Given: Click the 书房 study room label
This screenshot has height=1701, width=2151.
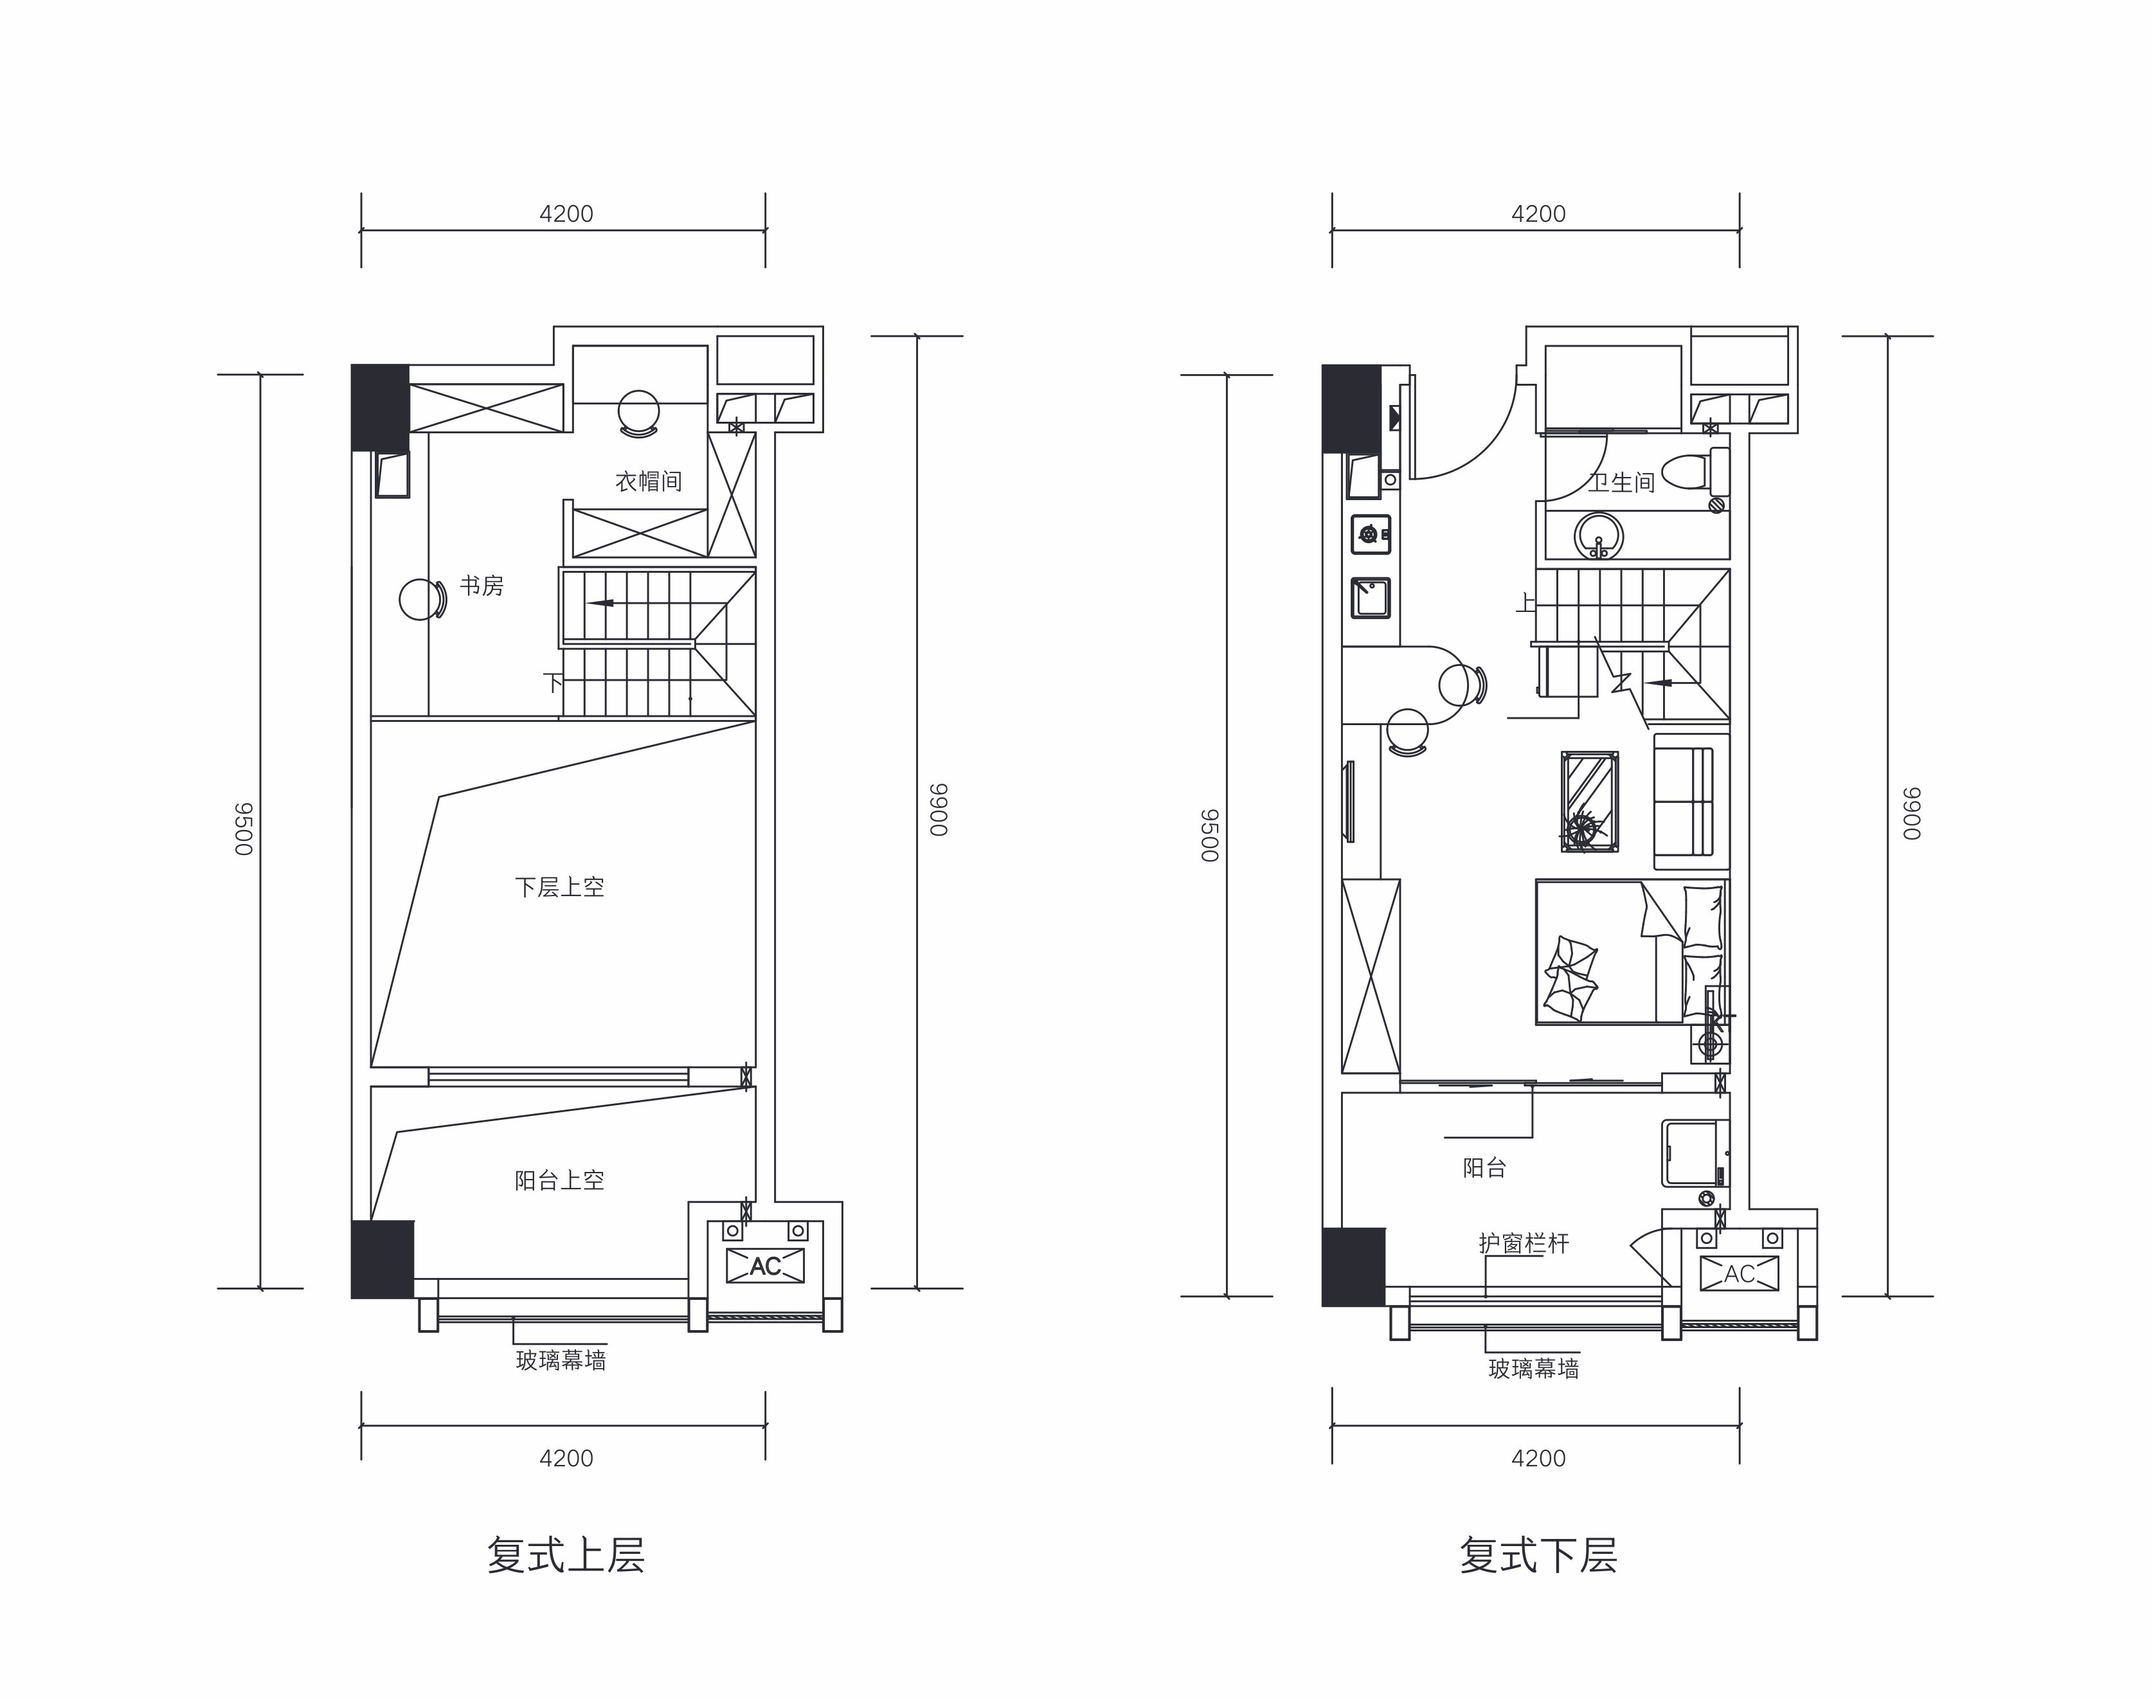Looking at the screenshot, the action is click(x=482, y=586).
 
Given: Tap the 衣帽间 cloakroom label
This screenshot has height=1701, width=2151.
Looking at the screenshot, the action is click(x=648, y=482).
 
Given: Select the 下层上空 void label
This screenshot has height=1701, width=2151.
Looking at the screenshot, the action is click(x=560, y=887).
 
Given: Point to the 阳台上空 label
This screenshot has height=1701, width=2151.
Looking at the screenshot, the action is click(x=560, y=1180).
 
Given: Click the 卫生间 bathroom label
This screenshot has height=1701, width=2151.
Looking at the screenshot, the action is click(x=1621, y=483).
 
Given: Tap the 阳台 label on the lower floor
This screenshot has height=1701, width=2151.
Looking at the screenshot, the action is click(x=1485, y=1167).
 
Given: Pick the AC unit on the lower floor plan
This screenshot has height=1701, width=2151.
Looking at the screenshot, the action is click(x=1739, y=1273).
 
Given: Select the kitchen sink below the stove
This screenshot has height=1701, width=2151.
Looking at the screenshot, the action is click(x=1371, y=598).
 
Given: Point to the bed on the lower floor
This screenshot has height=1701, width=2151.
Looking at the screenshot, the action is click(x=1631, y=951).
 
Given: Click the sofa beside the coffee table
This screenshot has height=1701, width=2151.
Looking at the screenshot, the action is click(x=1691, y=801).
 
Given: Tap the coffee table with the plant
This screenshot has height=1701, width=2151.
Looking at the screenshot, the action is click(x=1589, y=801).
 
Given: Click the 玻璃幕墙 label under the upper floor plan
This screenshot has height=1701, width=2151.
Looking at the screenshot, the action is click(x=561, y=1360).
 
